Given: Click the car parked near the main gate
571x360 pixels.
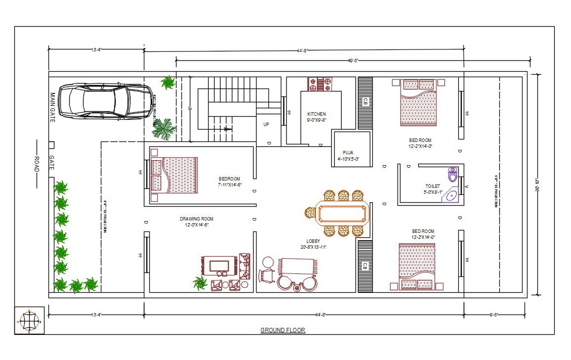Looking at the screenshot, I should pos(105,101).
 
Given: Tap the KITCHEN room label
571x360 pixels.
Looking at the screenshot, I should pos(316,114).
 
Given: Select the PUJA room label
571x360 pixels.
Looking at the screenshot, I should pos(348,153).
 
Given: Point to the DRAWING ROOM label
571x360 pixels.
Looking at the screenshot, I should pos(197,219).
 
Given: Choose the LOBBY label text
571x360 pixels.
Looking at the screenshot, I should pos(313,241).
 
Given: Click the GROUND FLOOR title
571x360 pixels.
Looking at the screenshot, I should pos(283,330).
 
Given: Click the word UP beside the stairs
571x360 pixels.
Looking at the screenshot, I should pos(266,125).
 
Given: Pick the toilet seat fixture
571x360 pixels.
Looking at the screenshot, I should pos(452,175).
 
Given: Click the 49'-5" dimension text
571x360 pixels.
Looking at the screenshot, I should pos(353,61).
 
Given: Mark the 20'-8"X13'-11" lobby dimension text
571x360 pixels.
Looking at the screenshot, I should pos(313,247).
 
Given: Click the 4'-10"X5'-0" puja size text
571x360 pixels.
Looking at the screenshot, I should pos(348,159).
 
